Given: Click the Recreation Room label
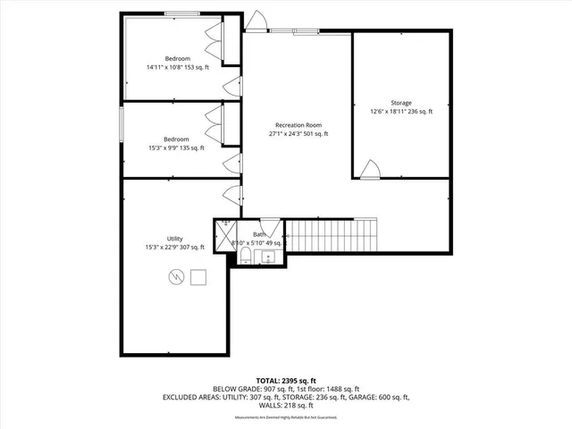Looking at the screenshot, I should tap(299, 129).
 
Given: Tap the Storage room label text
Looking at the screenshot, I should tap(401, 107).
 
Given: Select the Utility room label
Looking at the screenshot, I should tap(175, 243).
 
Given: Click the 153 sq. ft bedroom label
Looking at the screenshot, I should tap(177, 63).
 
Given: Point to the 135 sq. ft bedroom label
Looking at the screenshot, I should tap(176, 144).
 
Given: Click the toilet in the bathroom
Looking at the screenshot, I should tap(246, 258).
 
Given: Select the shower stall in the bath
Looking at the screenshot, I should tap(225, 231).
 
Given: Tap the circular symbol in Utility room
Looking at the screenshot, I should tap(175, 277).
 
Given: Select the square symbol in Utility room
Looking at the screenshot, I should tap(198, 276).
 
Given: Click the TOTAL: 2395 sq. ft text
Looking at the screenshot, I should tap(285, 380).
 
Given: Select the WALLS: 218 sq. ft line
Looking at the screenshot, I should tap(285, 406).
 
